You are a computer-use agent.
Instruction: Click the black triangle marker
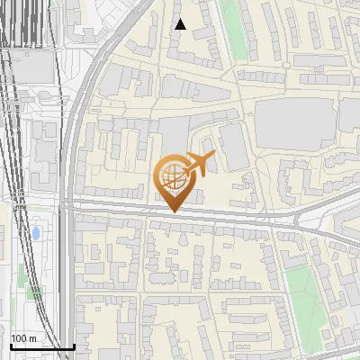click(x=181, y=24)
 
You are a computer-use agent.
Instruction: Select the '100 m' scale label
click(x=23, y=338)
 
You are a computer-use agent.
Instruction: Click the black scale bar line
click(x=41, y=346)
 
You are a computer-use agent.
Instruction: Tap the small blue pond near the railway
click(x=36, y=234)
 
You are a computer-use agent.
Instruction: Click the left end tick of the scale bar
click(x=10, y=345)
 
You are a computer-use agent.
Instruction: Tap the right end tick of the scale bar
click(x=74, y=345)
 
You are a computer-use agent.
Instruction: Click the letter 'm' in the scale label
click(x=32, y=338)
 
